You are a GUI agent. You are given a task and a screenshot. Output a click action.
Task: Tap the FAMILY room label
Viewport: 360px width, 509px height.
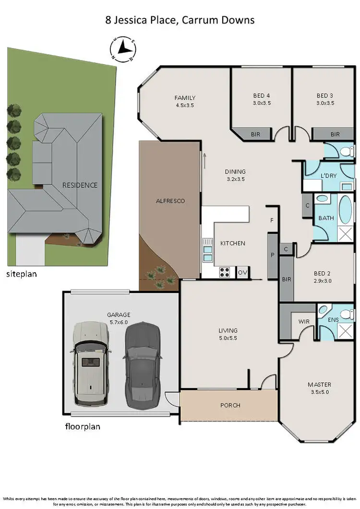point(185,98)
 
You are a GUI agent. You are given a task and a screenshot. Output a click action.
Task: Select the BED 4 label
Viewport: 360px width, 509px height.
point(262,95)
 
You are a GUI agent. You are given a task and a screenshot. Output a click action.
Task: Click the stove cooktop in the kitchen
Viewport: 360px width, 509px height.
point(225,272)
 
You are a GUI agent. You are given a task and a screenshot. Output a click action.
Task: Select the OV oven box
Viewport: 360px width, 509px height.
point(242,272)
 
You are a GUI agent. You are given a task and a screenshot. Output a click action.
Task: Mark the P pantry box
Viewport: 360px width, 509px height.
point(272,255)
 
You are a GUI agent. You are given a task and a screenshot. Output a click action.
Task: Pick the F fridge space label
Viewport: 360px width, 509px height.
point(272,221)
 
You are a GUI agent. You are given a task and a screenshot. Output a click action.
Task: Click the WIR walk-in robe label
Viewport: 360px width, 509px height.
point(303,321)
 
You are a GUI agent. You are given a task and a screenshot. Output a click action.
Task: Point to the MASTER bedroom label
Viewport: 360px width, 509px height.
point(319,385)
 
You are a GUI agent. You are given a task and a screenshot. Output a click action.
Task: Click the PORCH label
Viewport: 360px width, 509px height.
point(230,405)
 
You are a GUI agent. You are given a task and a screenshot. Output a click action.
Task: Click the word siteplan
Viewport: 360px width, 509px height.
point(22,275)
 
